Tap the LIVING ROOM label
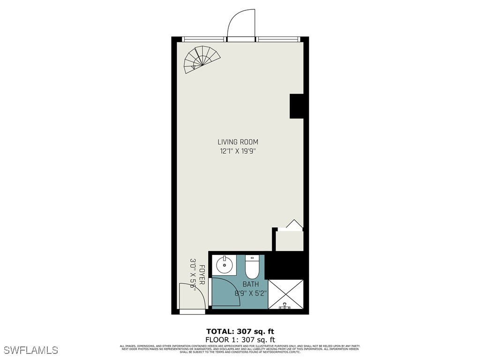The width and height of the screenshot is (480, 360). (x=238, y=142)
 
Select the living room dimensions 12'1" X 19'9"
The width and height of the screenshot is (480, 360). (x=238, y=151)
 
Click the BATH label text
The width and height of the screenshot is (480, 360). (x=250, y=285)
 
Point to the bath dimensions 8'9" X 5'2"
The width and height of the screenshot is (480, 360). (x=250, y=293)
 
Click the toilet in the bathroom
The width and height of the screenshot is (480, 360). (x=252, y=266)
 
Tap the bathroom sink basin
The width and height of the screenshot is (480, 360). (x=225, y=265)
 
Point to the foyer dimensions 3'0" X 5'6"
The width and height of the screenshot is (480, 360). (x=193, y=275)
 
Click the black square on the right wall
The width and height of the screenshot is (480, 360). (x=297, y=106)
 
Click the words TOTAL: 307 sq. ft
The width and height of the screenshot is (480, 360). (x=240, y=331)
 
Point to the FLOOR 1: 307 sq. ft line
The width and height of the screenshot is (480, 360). (x=240, y=339)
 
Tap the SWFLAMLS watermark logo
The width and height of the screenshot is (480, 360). (x=31, y=350)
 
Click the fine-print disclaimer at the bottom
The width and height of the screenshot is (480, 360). (x=240, y=348)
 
